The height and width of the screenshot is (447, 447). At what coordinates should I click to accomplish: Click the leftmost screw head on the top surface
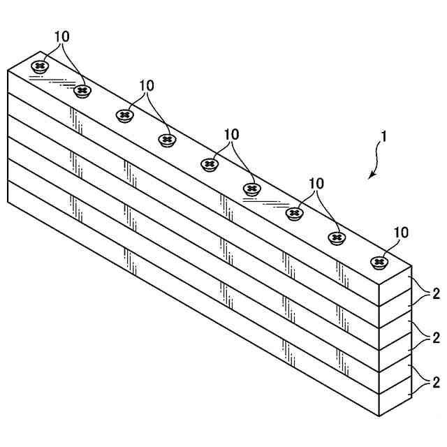[x=40, y=67]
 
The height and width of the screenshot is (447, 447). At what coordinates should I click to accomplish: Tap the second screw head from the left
[x=82, y=91]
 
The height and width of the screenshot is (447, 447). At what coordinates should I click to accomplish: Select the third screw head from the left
[x=124, y=115]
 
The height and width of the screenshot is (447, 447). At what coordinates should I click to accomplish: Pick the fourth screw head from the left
[x=166, y=140]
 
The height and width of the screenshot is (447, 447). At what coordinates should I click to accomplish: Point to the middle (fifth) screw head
[x=209, y=164]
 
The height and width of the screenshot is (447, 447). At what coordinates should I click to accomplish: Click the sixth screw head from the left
[x=251, y=189]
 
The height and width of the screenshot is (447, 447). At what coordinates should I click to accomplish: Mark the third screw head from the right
[x=295, y=212]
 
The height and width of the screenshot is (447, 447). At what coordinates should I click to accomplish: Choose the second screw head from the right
[x=337, y=237]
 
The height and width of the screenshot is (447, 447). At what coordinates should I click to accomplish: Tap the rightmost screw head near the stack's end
[x=379, y=262]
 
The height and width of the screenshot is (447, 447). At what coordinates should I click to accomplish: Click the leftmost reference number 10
[x=61, y=36]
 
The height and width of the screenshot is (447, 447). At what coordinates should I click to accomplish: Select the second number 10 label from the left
[x=146, y=85]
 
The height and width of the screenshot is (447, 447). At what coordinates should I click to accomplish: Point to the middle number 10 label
[x=230, y=133]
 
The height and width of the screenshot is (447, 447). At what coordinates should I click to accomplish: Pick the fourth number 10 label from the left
[x=316, y=183]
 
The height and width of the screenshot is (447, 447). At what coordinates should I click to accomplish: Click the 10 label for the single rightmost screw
[x=402, y=232]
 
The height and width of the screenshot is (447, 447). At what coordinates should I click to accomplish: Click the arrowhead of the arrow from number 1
[x=371, y=177]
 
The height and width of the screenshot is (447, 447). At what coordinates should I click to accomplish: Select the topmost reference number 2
[x=436, y=293]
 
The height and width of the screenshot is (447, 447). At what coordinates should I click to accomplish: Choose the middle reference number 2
[x=436, y=338]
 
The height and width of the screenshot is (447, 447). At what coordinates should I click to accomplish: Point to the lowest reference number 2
[x=436, y=382]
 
